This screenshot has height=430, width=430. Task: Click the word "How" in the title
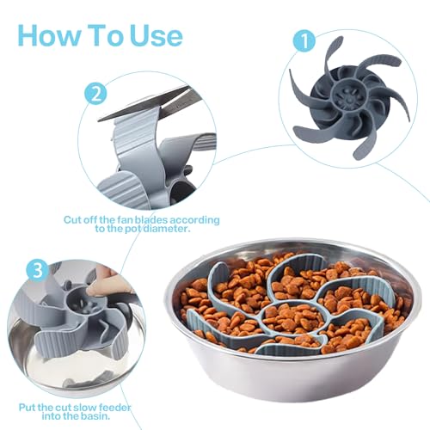point(49,35)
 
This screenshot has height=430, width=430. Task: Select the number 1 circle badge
point(304,40)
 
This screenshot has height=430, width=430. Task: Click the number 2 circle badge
point(95,94)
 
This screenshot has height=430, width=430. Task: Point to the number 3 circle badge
point(38,271)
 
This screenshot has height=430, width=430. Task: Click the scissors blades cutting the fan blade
point(149,104)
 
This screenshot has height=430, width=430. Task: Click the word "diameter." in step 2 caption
point(166,229)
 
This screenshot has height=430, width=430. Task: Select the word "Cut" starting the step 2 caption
point(72,220)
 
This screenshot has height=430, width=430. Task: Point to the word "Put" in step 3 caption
point(28,408)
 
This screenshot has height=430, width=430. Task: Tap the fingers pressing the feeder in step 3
point(106,284)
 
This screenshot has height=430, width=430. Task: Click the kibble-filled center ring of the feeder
point(295,317)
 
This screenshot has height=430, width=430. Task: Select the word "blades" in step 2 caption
point(150,220)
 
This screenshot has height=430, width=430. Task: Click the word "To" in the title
point(106,35)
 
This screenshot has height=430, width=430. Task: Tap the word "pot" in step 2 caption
point(132,229)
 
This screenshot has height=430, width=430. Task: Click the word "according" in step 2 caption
point(194,220)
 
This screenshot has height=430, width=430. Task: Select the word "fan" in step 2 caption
point(125,220)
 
